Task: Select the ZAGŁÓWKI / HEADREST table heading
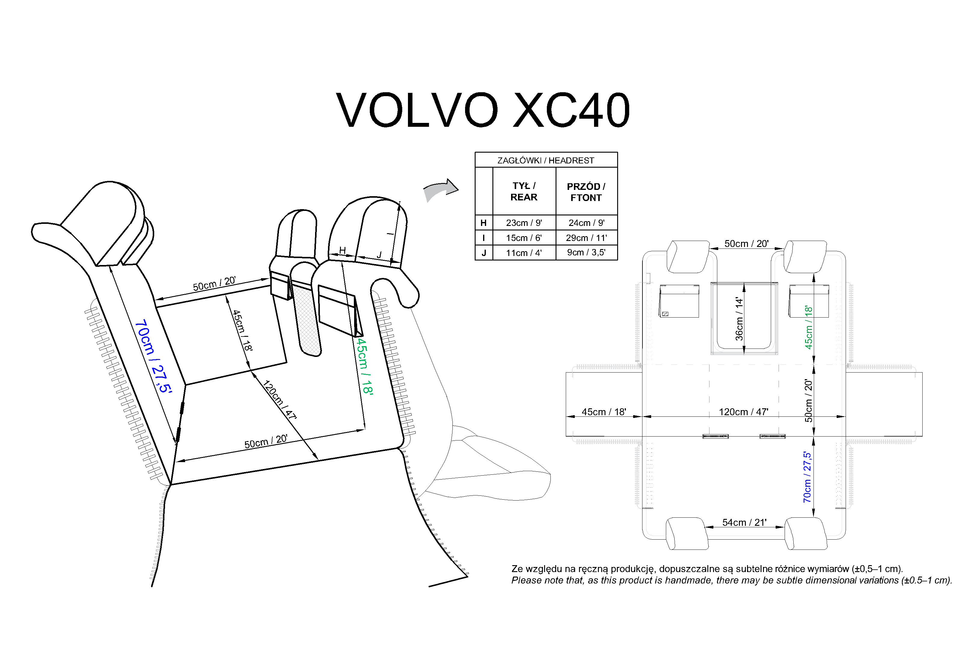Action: pos(546,160)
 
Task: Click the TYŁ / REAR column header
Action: pos(524,191)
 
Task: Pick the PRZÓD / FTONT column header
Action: pos(586,192)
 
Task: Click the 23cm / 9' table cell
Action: pos(524,223)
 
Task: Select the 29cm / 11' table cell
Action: pos(586,238)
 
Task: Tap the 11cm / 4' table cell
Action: pos(524,253)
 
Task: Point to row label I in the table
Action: pos(483,238)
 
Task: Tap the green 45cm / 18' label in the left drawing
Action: pos(365,367)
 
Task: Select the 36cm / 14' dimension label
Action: pos(739,318)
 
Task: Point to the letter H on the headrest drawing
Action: pos(342,250)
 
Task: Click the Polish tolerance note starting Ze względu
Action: pos(707,569)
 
